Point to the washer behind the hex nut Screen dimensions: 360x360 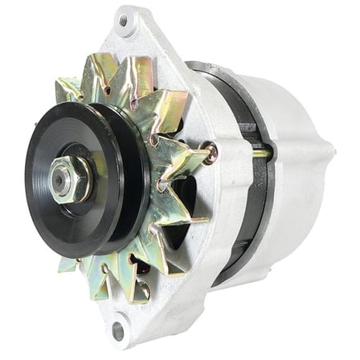76,178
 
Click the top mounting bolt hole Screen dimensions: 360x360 123,22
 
